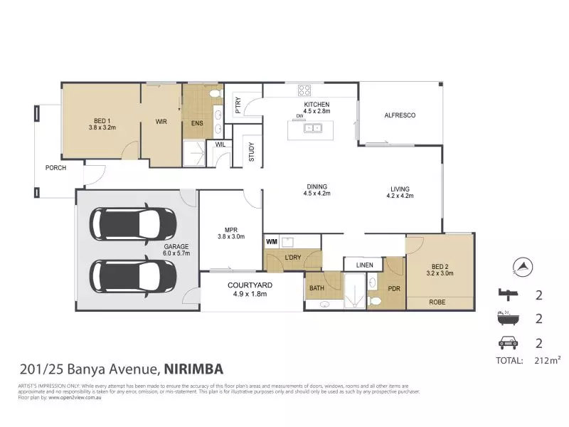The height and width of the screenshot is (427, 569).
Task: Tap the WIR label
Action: click(x=161, y=122)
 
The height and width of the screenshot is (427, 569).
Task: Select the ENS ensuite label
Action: click(x=197, y=122)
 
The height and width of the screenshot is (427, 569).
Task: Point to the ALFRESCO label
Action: click(x=399, y=115)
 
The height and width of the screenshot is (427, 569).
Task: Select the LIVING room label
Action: click(x=399, y=189)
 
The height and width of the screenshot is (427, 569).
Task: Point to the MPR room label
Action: click(x=230, y=229)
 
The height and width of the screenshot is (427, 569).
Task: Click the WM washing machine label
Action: click(x=271, y=242)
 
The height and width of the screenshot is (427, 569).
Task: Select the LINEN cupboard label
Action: click(x=363, y=265)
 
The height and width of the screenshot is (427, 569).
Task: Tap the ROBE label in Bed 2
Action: click(x=438, y=302)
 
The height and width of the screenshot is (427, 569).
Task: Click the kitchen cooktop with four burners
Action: click(x=304, y=90)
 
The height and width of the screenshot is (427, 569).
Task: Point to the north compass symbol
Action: click(x=523, y=268)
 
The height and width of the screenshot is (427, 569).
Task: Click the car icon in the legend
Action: click(x=508, y=343)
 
